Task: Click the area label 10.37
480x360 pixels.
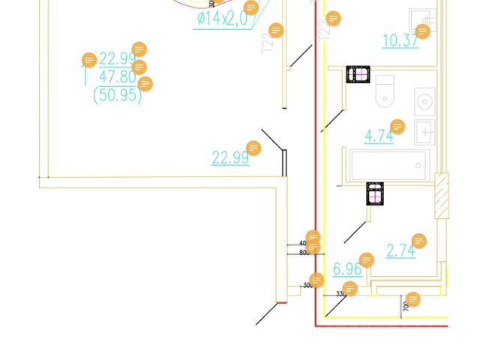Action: (x=400, y=40)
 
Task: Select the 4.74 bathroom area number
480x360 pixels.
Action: (x=379, y=136)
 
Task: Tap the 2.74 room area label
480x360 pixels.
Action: (x=400, y=250)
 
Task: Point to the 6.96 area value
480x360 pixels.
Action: (x=347, y=268)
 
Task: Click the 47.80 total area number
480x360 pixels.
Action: (x=117, y=76)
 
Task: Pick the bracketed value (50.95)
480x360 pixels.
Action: (x=117, y=95)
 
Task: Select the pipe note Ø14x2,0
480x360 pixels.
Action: (x=222, y=19)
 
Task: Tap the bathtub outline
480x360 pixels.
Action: (x=389, y=165)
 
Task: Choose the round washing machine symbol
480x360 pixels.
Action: (x=424, y=100)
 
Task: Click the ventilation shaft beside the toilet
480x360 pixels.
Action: (x=358, y=74)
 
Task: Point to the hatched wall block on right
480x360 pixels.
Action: (x=442, y=196)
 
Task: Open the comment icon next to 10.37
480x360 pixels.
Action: (x=422, y=31)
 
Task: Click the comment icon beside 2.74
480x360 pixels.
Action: (x=419, y=241)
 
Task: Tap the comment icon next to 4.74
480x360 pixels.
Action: (x=397, y=127)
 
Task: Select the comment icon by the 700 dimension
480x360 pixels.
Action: (x=412, y=299)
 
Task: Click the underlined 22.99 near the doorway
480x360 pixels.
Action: (x=229, y=157)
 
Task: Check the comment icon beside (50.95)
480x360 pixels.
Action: (x=145, y=84)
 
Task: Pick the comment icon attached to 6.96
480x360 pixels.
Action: (x=366, y=260)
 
